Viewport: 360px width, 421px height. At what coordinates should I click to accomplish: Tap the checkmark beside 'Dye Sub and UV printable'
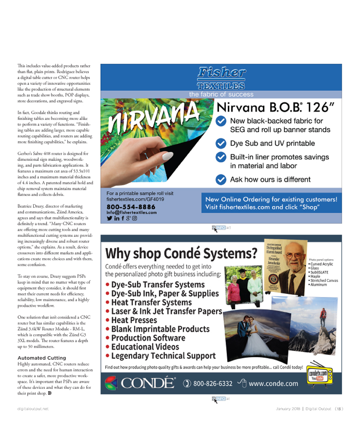pyautogui.click(x=221, y=143)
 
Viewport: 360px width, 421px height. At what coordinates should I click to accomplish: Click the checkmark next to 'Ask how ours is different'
pyautogui.click(x=221, y=179)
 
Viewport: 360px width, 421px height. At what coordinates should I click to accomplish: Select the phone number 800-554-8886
pyautogui.click(x=131, y=207)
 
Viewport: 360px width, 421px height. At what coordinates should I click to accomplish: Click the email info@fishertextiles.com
pyautogui.click(x=132, y=212)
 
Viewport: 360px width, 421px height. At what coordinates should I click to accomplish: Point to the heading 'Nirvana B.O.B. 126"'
pyautogui.click(x=276, y=107)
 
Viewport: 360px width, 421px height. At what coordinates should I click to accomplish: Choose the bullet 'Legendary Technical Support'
pyautogui.click(x=160, y=356)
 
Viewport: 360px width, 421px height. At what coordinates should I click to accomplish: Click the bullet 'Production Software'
pyautogui.click(x=141, y=338)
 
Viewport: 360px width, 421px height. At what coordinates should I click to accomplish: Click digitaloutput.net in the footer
pyautogui.click(x=33, y=408)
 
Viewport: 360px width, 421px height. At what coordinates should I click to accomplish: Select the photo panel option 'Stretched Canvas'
pyautogui.click(x=324, y=280)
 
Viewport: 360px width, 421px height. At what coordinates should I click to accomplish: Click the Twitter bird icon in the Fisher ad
pyautogui.click(x=109, y=218)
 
